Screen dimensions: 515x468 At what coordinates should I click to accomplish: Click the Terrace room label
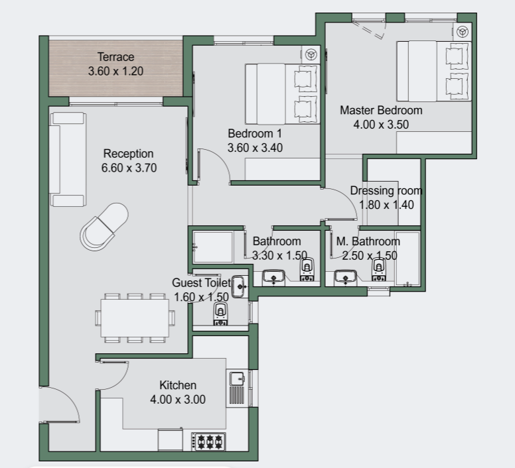point(115,57)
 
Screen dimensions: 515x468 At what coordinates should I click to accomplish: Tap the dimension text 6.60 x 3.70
point(129,168)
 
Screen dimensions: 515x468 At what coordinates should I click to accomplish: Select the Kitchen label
point(178,385)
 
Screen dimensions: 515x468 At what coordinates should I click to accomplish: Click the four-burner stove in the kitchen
point(208,441)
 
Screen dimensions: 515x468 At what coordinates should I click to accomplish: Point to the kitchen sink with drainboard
point(237,388)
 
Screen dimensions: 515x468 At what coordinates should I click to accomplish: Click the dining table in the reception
point(135,318)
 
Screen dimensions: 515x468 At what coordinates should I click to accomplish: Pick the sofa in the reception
point(68,159)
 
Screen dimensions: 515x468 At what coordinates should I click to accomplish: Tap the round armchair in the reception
point(104,227)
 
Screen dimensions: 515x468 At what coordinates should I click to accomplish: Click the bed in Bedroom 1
point(283,94)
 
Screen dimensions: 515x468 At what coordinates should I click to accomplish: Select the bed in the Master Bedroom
point(434,71)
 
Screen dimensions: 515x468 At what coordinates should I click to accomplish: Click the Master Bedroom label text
point(381,110)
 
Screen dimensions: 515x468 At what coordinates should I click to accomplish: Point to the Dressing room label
point(386,190)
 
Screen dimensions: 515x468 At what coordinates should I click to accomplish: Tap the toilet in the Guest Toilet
point(220,314)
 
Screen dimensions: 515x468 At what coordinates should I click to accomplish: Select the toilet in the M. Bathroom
point(379,270)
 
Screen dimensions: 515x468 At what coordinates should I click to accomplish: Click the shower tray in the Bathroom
point(213,247)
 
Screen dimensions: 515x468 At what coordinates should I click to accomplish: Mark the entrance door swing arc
point(68,398)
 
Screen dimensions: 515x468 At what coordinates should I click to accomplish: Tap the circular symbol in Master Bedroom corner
point(463,32)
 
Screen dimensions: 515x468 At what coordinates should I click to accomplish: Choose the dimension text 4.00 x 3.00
point(178,400)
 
